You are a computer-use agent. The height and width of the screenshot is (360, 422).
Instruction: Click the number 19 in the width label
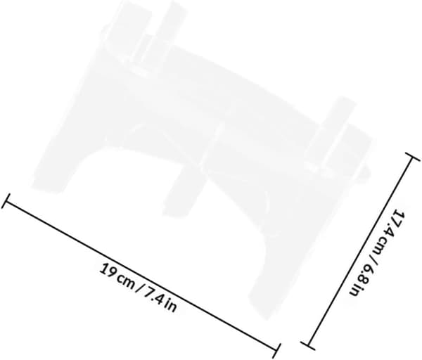pyautogui.click(x=106, y=269)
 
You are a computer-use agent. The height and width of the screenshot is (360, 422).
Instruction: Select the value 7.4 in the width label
pyautogui.click(x=154, y=297)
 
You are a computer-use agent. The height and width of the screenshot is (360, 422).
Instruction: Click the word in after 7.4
pyautogui.click(x=171, y=306)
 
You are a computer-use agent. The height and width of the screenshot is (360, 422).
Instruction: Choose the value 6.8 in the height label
pyautogui.click(x=368, y=275)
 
